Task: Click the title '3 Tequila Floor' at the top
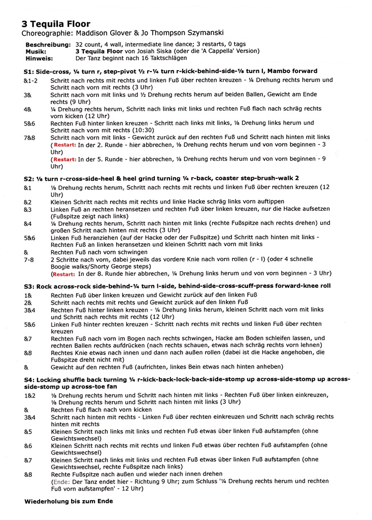tap(56, 24)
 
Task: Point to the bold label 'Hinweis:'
tap(38, 58)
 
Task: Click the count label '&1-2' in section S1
tap(31, 80)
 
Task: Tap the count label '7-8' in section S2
tap(30, 259)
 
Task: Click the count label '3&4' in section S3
tap(30, 309)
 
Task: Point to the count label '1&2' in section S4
tap(30, 395)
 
